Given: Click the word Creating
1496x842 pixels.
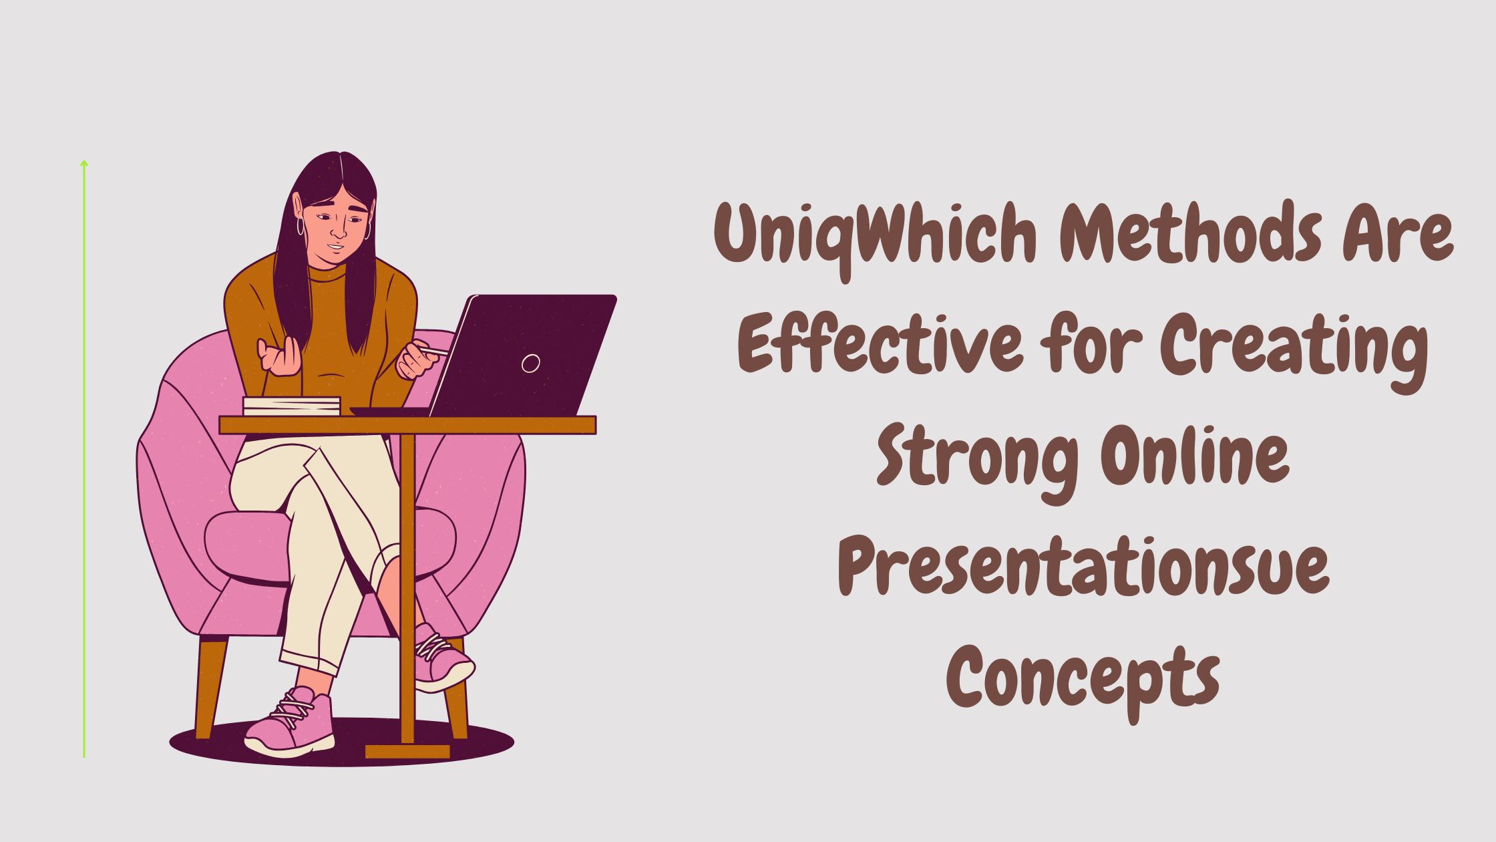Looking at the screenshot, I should (x=1293, y=351).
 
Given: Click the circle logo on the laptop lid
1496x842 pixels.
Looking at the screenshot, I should (x=530, y=363).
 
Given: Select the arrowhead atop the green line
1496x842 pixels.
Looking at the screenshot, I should (x=84, y=162).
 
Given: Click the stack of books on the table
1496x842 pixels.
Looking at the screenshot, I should (x=291, y=406).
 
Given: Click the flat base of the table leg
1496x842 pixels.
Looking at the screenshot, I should (x=407, y=751).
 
